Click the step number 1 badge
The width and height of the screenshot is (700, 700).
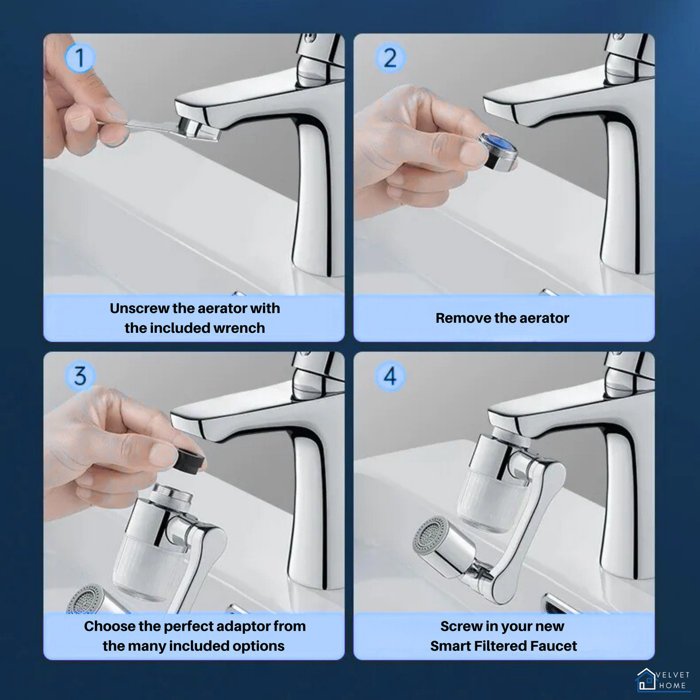pos(80,58)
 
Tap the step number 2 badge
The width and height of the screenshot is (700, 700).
pos(390,58)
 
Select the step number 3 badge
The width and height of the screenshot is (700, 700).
pos(80,376)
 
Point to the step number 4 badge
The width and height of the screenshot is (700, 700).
pos(390,376)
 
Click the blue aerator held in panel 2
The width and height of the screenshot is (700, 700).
pos(498,151)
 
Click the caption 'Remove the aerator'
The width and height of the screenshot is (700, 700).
pos(502,318)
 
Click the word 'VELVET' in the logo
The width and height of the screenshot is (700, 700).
pos(673,675)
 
